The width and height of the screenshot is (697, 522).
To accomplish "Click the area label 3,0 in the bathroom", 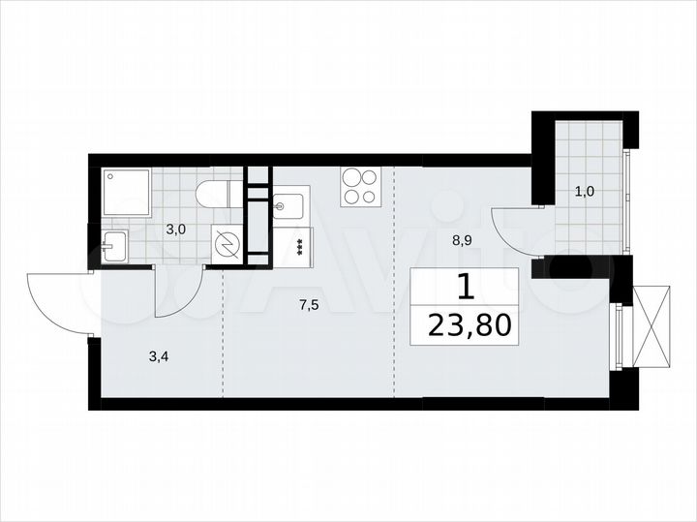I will [175, 230].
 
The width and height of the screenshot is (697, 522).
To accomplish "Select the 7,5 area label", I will [309, 305].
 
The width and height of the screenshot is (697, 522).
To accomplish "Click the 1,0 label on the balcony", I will [585, 192].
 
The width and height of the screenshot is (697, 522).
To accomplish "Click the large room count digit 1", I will [466, 286].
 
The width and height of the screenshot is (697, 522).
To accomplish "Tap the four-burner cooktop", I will [360, 186].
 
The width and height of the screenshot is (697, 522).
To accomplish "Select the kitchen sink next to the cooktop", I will [289, 205].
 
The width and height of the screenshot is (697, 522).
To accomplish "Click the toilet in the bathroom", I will [212, 195].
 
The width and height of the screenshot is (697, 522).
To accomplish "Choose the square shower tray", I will [125, 194].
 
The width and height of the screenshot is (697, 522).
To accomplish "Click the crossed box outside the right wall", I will [650, 326].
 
